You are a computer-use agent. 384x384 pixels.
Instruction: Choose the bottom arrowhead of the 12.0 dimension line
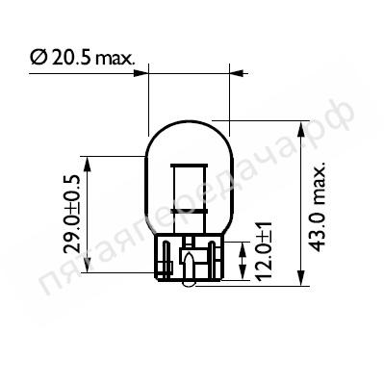(x=242, y=272)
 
